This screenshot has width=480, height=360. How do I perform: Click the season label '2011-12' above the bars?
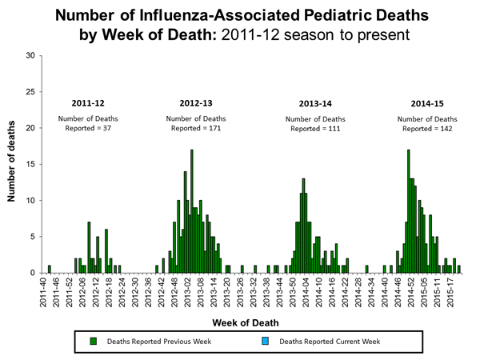click(88, 104)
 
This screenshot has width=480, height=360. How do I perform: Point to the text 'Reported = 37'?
click(88, 128)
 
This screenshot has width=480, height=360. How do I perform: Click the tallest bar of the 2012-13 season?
click(192, 212)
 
